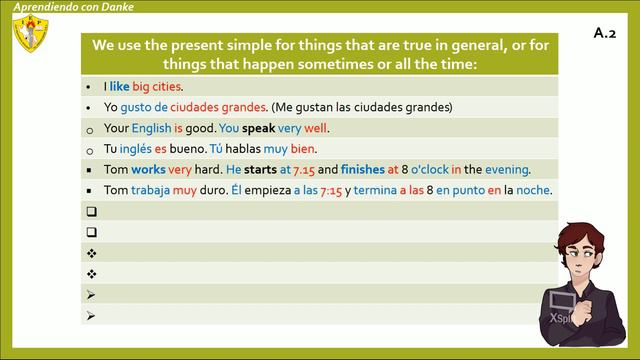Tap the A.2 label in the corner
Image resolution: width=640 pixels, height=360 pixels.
point(604,33)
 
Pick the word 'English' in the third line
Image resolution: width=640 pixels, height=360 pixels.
point(150,128)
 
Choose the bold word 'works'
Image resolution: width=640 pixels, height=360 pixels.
point(148,170)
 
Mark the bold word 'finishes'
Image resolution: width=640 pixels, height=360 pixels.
point(363,170)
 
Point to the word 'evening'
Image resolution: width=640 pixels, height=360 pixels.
point(506,170)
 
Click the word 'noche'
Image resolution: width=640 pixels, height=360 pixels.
point(534,190)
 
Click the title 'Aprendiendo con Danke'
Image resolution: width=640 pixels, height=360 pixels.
point(73,7)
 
